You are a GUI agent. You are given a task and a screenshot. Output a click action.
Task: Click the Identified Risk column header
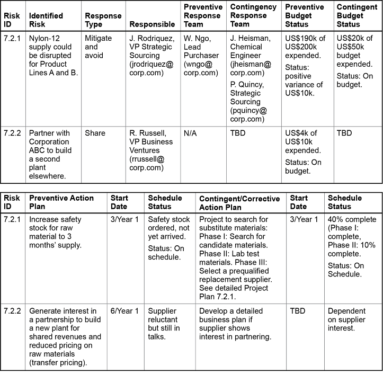(x=47, y=20)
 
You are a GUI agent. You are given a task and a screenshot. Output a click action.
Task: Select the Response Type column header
(x=102, y=20)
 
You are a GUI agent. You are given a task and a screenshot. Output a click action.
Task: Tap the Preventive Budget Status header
(x=304, y=16)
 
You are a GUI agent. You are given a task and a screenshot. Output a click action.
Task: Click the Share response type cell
(x=95, y=133)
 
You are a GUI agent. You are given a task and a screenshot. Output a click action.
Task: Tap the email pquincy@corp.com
(x=248, y=115)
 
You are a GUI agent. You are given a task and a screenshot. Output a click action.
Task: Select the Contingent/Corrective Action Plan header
(x=239, y=202)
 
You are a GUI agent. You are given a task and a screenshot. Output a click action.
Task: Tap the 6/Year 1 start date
(x=124, y=311)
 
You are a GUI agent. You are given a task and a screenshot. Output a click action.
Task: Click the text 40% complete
(x=352, y=219)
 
